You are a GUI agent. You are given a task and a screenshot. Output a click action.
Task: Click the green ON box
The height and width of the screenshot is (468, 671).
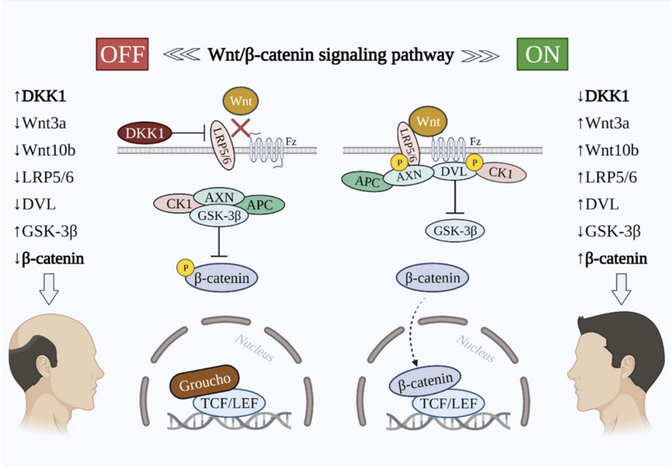click(542, 54)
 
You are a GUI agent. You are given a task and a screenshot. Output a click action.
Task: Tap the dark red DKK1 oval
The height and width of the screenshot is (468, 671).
click(145, 133)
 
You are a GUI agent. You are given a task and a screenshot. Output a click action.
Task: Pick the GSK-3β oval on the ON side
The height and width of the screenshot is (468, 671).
click(456, 231)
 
